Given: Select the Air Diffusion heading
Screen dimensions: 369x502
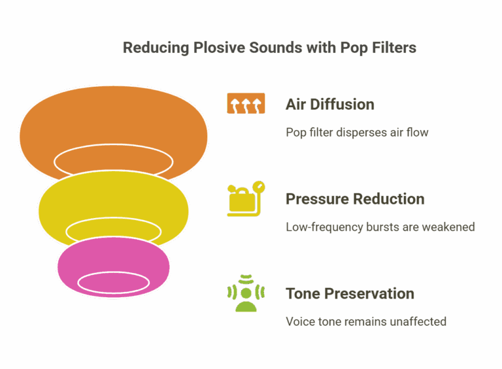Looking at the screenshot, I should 330,104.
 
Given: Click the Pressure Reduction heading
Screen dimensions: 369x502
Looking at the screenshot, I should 355,199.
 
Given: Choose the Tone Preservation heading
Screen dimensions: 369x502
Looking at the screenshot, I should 350,293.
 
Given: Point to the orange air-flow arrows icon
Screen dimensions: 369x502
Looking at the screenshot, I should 246,104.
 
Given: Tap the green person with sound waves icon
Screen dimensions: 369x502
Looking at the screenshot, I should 246,293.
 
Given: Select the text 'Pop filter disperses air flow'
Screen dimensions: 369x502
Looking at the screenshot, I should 357,133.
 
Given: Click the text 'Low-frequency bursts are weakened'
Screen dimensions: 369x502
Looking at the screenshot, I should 380,227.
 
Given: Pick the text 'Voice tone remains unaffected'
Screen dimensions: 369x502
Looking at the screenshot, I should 366,321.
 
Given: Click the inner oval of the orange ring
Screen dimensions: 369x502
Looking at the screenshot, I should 114,161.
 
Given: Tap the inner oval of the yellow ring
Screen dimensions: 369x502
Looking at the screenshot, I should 114,229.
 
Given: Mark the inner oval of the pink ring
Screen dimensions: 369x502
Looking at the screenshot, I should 114,282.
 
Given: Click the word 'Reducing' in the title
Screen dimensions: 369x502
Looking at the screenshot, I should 154,48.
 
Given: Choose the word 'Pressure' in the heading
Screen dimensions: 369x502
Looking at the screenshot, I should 316,199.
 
